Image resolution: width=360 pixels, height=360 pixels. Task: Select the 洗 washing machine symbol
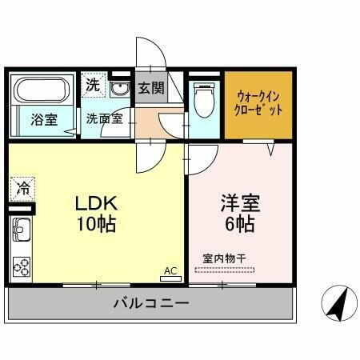coord(93,82)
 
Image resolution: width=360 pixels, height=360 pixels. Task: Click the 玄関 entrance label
coord(150,87)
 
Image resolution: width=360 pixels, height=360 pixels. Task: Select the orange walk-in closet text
coord(259,103)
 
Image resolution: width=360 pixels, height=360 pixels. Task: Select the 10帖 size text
coord(97,224)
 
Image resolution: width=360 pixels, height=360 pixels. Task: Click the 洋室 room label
coord(240,202)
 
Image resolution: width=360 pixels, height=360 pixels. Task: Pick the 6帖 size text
coord(240,224)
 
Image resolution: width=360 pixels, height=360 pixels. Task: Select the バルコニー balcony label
coord(151,304)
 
